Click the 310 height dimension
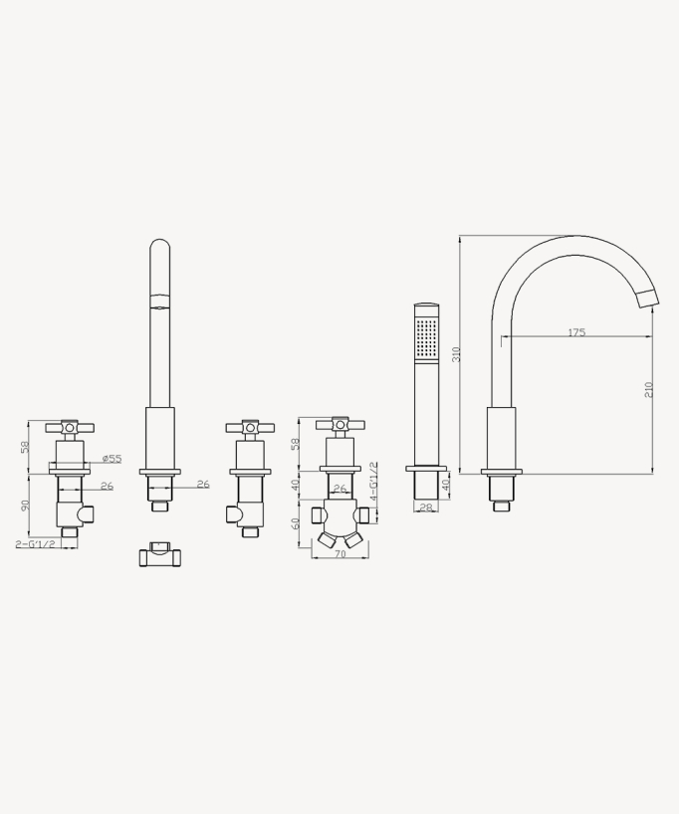click(457, 354)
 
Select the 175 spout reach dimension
click(576, 332)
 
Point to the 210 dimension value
click(648, 390)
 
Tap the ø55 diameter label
click(112, 459)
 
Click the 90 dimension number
click(25, 505)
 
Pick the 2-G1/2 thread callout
click(35, 543)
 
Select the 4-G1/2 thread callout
click(373, 482)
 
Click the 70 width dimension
click(339, 554)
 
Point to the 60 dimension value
click(295, 523)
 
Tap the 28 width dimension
click(425, 508)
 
